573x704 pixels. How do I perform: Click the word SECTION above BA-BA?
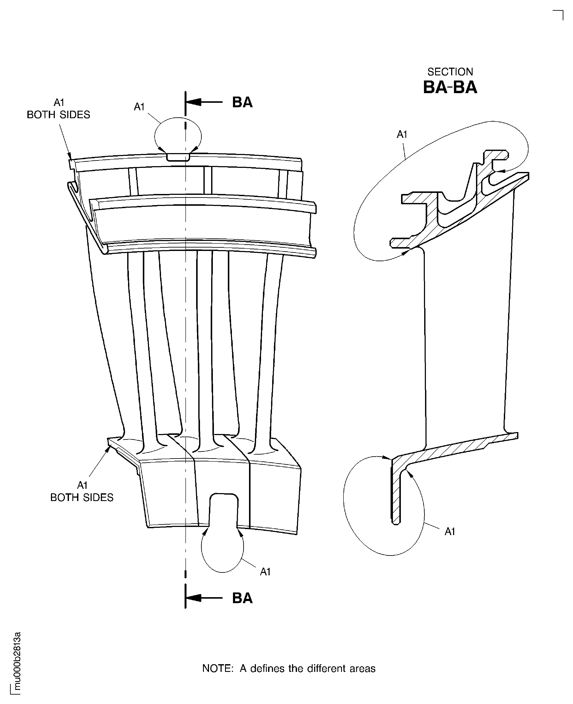(450, 72)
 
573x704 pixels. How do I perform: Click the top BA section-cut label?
(242, 102)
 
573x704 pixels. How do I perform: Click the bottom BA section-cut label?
(242, 598)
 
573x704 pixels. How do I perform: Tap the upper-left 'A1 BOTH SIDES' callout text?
(58, 109)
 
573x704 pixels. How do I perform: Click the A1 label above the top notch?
(139, 107)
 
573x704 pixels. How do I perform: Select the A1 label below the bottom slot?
(265, 572)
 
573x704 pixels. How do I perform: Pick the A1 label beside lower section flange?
(450, 531)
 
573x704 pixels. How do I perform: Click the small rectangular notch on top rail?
(178, 157)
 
